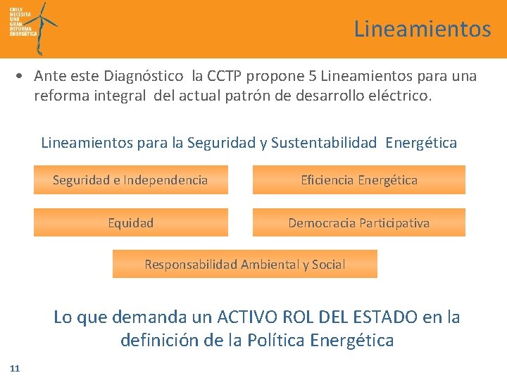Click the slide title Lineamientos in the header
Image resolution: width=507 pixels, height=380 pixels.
(x=422, y=29)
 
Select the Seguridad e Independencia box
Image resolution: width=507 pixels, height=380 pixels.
(x=130, y=180)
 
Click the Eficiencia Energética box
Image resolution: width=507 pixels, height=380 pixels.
(x=358, y=180)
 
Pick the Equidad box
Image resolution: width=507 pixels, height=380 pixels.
(x=130, y=223)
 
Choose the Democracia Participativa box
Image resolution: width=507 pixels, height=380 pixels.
(x=358, y=223)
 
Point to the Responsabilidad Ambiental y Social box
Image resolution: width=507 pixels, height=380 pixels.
(x=244, y=265)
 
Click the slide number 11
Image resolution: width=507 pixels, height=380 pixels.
(x=15, y=368)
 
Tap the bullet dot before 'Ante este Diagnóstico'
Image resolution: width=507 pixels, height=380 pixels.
(x=23, y=76)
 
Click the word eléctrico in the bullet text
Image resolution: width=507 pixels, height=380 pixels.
(x=399, y=96)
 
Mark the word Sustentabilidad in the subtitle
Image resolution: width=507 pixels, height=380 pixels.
(x=324, y=143)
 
